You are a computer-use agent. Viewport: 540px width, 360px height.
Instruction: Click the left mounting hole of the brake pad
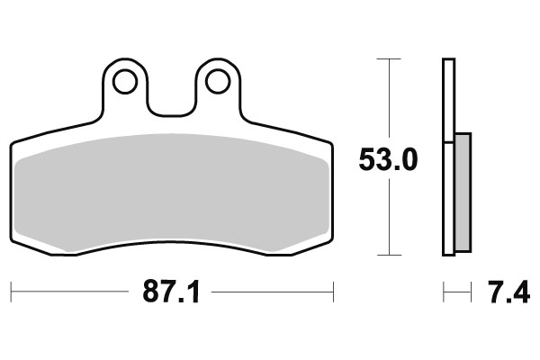(125, 82)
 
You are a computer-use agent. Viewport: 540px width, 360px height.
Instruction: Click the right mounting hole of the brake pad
(218, 82)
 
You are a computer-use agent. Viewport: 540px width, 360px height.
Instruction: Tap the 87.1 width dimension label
(171, 292)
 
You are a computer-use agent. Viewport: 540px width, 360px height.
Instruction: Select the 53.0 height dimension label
(388, 160)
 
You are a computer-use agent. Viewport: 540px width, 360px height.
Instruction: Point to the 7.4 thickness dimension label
(509, 292)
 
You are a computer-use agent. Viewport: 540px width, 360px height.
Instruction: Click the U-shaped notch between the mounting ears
(172, 110)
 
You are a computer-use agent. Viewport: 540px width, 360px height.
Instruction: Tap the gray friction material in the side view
(463, 193)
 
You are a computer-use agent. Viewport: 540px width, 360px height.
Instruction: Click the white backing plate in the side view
(448, 157)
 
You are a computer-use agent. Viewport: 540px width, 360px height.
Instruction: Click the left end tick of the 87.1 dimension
(11, 292)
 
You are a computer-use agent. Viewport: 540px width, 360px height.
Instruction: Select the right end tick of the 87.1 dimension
(333, 292)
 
